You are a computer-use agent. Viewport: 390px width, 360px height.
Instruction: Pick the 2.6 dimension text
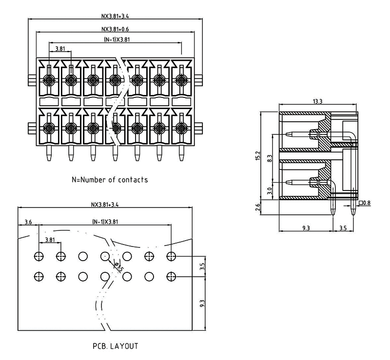257,208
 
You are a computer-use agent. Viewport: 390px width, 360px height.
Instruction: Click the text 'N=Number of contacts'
110,180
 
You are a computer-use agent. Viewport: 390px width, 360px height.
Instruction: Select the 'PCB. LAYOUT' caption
116,346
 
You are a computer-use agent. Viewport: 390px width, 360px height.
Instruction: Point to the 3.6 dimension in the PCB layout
28,222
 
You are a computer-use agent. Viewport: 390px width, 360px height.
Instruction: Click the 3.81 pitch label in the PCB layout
50,240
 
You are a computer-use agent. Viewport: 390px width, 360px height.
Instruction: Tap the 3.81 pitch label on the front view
60,49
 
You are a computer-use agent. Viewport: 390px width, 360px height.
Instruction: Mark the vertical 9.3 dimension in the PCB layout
202,303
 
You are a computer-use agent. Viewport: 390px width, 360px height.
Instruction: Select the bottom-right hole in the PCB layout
171,277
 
